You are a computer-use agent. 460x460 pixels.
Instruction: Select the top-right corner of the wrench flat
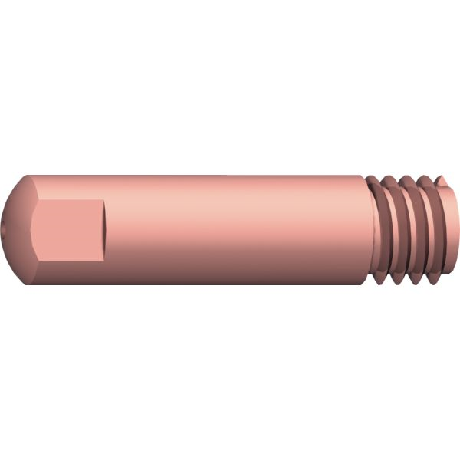[100, 200]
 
